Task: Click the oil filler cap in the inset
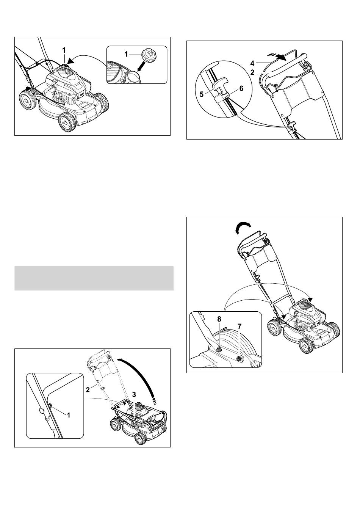coord(148,56)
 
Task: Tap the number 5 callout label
coord(202,94)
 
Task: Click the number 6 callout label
coord(241,89)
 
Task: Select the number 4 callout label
coord(252,63)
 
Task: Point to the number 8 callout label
coord(219,319)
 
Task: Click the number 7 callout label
coord(239,326)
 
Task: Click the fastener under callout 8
coord(219,348)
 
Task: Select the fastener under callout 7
coord(239,358)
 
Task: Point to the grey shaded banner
coord(94,278)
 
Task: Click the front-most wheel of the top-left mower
coord(67,122)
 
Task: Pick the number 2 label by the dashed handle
coord(88,390)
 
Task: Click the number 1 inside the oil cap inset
coord(126,54)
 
